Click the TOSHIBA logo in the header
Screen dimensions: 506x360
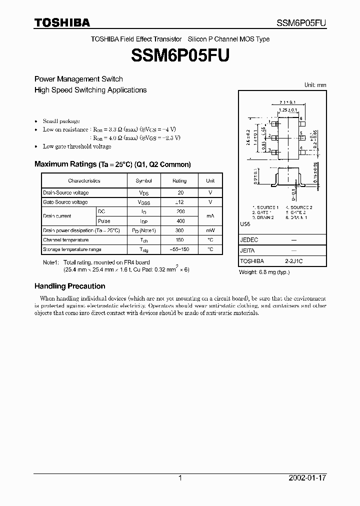click(62, 22)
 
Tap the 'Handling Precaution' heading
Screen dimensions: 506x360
click(69, 286)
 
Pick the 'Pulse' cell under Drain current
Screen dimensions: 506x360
click(104, 221)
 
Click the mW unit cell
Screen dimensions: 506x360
click(210, 230)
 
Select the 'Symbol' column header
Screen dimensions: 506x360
click(143, 181)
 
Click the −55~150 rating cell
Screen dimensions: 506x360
click(180, 249)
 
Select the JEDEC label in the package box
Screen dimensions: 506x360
click(249, 240)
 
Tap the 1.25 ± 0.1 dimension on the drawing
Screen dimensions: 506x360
click(288, 109)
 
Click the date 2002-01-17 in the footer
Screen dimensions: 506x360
click(307, 478)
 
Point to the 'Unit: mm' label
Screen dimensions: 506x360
click(315, 85)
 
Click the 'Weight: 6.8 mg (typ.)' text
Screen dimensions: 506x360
click(264, 272)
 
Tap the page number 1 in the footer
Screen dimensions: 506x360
click(180, 478)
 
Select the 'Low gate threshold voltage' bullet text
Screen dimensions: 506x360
click(77, 146)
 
